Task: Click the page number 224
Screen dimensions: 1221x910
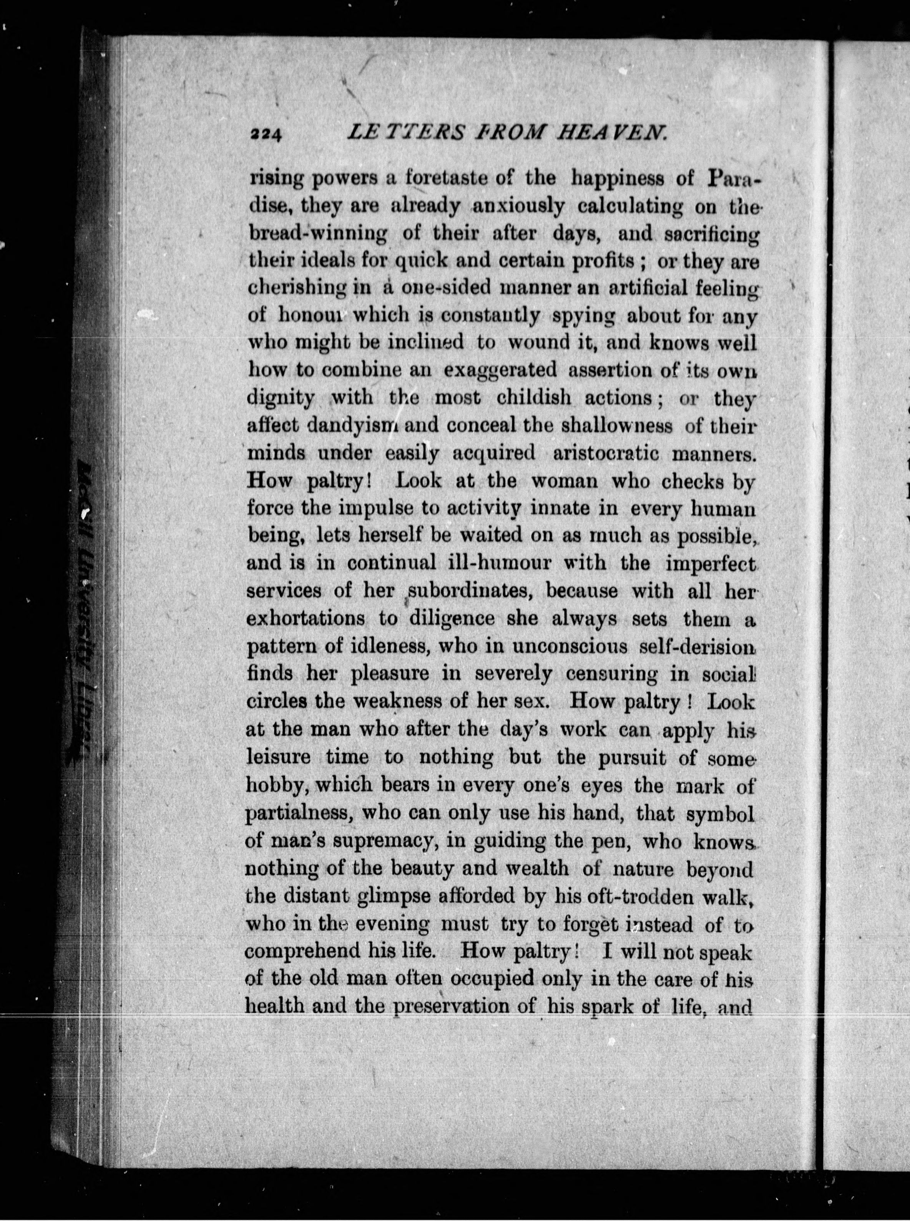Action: coord(266,135)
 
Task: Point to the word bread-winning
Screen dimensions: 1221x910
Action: coord(318,234)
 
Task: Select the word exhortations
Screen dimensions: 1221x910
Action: coord(306,618)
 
